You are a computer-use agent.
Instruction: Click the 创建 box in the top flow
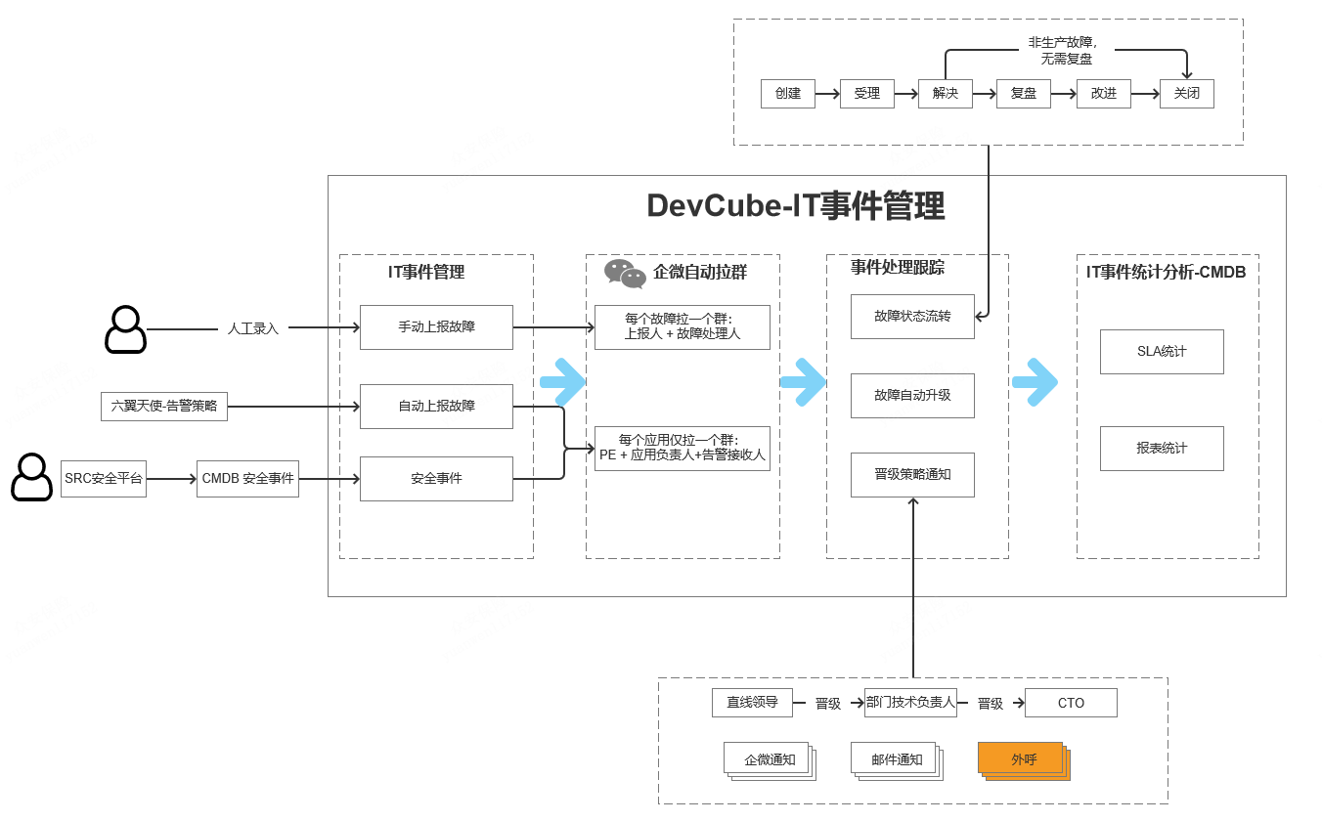point(787,94)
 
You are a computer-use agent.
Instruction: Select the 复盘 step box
point(1023,94)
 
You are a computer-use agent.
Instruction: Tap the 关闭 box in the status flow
point(1186,94)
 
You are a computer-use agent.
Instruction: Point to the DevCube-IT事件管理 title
point(795,206)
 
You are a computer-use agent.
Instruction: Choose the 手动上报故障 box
point(436,327)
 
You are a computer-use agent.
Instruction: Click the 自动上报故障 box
point(436,407)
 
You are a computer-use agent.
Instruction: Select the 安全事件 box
point(436,479)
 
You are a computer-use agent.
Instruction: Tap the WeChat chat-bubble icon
point(625,274)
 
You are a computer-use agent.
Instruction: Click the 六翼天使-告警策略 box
point(164,406)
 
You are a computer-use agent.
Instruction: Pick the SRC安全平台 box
point(104,479)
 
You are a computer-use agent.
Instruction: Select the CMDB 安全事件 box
point(247,479)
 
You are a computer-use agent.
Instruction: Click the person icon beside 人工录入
point(125,329)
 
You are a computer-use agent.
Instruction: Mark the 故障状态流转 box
point(912,317)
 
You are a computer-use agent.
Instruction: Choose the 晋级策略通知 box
point(912,475)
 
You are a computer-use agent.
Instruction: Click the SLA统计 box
point(1162,352)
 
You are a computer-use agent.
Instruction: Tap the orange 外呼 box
point(1023,759)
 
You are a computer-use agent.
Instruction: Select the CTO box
point(1071,703)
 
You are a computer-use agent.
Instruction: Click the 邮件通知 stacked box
point(897,759)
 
